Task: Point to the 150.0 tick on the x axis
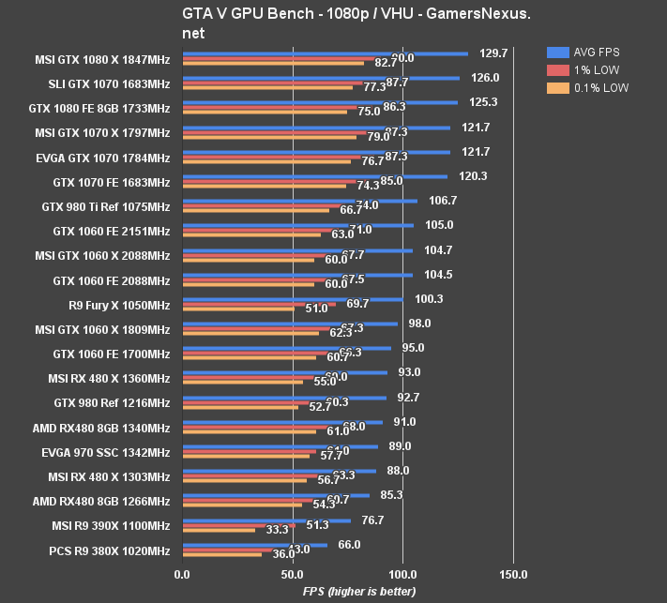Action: [513, 574]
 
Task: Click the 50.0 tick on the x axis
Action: [293, 574]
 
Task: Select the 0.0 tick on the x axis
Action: [182, 574]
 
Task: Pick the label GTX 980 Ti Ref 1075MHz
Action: [106, 206]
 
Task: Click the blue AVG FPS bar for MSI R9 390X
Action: [266, 520]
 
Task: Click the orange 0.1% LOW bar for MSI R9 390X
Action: [219, 530]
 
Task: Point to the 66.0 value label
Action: [349, 544]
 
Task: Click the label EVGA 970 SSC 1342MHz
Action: [106, 451]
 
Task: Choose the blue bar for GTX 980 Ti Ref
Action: [299, 201]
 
